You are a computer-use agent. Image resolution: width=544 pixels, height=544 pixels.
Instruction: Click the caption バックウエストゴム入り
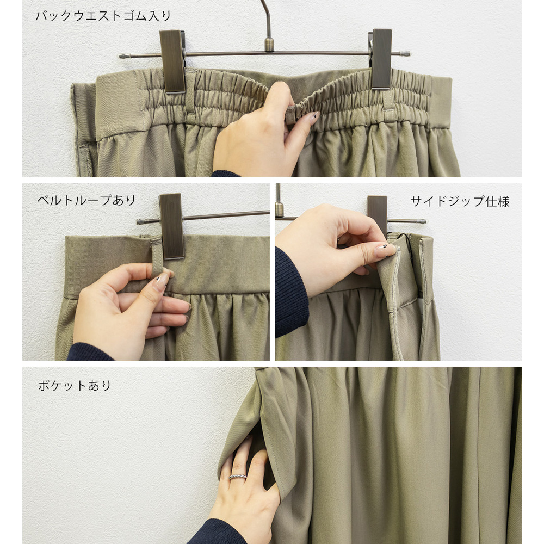click(103, 16)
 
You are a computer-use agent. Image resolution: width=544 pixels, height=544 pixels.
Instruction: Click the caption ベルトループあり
click(86, 200)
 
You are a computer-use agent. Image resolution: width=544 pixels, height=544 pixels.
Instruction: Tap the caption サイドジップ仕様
click(460, 201)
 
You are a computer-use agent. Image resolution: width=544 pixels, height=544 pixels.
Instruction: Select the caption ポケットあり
click(75, 386)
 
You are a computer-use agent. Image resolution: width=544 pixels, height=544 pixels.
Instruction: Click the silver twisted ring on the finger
click(238, 477)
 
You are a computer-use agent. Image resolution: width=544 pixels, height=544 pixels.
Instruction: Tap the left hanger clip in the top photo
click(172, 61)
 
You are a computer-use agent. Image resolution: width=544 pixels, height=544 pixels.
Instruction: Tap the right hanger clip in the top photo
click(381, 59)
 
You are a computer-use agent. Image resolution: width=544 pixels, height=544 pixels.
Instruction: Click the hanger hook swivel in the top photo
click(269, 45)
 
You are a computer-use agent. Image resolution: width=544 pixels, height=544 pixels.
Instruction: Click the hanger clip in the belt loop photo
click(171, 226)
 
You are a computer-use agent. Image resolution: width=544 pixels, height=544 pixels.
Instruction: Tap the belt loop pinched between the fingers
click(157, 257)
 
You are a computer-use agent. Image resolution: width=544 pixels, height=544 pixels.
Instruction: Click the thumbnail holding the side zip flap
click(385, 250)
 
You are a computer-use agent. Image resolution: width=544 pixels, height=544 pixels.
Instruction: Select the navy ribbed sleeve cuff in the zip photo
click(290, 290)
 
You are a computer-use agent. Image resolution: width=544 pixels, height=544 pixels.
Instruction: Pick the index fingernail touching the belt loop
click(160, 282)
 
